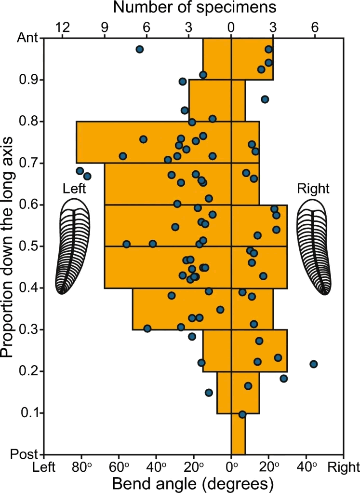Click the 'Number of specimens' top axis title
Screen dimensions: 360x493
tap(194, 7)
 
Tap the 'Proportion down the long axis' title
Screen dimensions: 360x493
tap(7, 247)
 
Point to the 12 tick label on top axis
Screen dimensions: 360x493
tap(62, 27)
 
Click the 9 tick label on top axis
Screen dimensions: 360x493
tap(105, 27)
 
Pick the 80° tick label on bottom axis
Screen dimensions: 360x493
tap(81, 467)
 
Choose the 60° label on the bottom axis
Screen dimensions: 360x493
tap(119, 467)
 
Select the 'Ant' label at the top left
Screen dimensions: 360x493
tap(27, 38)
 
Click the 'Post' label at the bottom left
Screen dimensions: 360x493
tap(24, 454)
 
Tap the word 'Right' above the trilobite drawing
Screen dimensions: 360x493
tap(313, 189)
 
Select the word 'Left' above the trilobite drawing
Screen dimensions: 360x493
tap(74, 189)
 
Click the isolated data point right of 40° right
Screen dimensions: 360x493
tap(313, 364)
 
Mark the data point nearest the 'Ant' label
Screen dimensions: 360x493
tap(139, 49)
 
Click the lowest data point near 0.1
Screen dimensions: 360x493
tap(242, 414)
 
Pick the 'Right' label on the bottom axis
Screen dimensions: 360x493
tap(343, 467)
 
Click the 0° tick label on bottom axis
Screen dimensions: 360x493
tap(231, 467)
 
